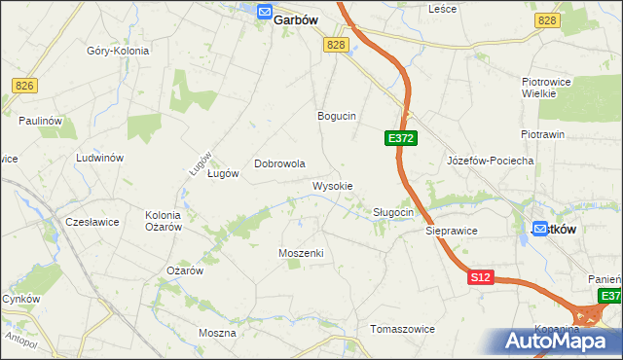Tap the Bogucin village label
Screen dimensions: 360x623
(337, 116)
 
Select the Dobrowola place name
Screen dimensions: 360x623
(280, 164)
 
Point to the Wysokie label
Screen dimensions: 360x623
(332, 186)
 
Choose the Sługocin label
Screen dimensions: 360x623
(394, 212)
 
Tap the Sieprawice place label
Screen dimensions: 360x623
(451, 232)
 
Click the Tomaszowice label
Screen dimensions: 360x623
(402, 329)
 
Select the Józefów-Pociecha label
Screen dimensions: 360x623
(490, 161)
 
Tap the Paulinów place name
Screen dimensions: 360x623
(41, 121)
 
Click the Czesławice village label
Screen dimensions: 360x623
(92, 222)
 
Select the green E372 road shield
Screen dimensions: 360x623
(401, 139)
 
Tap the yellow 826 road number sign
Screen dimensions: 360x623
(25, 87)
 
